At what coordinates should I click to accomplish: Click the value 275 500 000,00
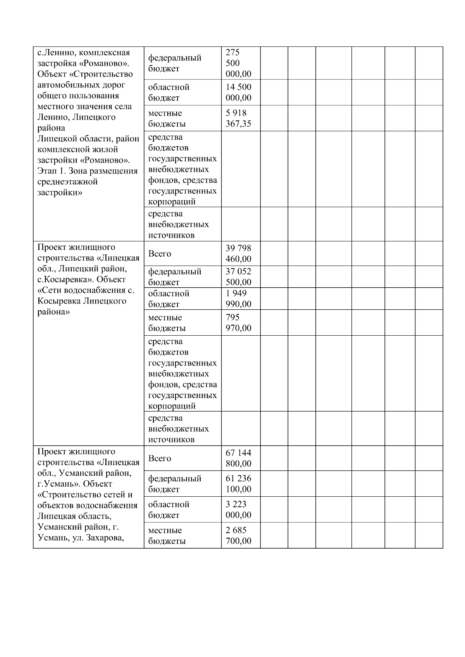(x=238, y=63)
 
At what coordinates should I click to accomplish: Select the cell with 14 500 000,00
(x=238, y=93)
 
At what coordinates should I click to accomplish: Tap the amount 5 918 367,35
(x=238, y=118)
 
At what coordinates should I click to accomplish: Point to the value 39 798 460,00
(x=238, y=254)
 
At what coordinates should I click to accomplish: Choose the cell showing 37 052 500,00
(x=238, y=277)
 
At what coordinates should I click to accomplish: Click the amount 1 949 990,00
(x=238, y=299)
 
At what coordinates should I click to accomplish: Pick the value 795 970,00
(x=238, y=323)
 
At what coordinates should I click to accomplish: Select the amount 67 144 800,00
(x=238, y=458)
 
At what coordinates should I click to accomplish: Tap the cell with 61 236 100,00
(x=238, y=484)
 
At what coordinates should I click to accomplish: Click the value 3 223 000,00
(x=238, y=510)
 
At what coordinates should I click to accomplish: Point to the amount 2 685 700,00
(x=238, y=536)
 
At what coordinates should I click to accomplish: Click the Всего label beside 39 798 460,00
(x=160, y=254)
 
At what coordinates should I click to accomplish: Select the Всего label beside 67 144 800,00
(x=160, y=458)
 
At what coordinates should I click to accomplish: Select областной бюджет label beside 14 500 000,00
(x=169, y=93)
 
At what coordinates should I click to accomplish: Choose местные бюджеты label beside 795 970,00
(x=167, y=323)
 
